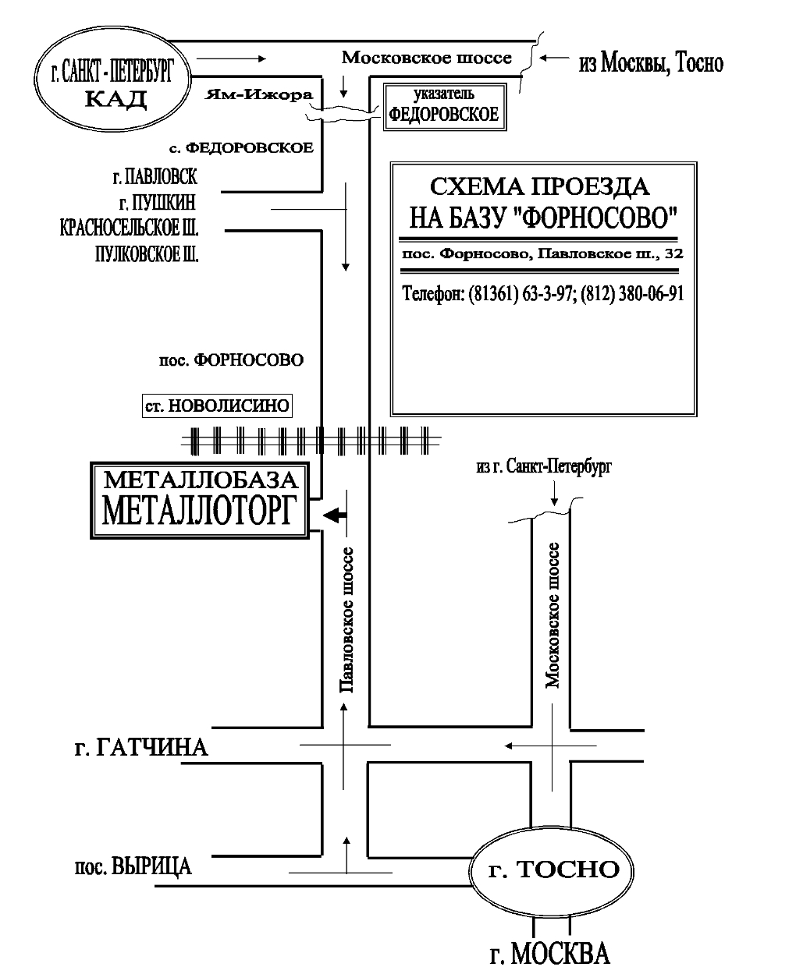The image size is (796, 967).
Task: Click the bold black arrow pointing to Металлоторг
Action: (335, 515)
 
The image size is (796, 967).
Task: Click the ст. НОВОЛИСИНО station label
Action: (217, 406)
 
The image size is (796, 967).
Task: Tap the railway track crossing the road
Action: (311, 441)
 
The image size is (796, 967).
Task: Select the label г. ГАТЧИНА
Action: (140, 748)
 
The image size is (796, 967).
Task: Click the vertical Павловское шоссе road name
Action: (346, 620)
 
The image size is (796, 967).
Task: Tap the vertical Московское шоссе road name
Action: (553, 615)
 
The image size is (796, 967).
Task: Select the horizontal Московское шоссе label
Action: (427, 58)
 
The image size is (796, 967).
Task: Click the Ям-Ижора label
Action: (259, 95)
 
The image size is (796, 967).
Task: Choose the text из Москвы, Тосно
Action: (651, 63)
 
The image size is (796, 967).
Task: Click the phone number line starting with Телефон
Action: (542, 293)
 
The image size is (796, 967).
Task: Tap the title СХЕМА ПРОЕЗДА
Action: (539, 186)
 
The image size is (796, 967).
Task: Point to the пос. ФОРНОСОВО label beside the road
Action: (231, 360)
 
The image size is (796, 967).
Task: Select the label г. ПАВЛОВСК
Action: (155, 177)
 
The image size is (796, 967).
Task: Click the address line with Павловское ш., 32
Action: (542, 254)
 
